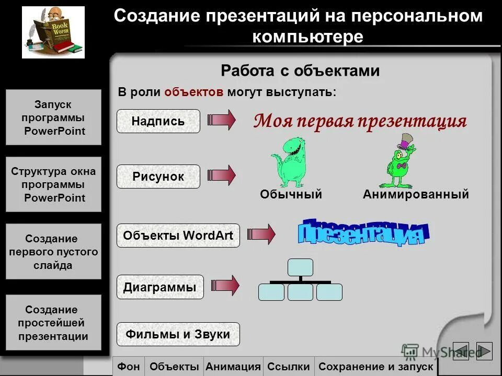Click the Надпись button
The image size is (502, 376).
coord(158,121)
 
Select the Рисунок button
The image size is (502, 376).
coord(158,177)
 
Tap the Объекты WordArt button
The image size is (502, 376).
coord(178,236)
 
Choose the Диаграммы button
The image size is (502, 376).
coord(159,287)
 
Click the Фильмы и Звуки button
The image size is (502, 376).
coord(178,334)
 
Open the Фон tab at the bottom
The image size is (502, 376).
coord(128,367)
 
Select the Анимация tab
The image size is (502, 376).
coord(233,367)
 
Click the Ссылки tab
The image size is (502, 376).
coord(288,367)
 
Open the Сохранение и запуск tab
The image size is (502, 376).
coord(375,367)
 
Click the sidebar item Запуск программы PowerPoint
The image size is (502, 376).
coord(53,118)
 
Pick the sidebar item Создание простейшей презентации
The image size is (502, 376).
coord(53,323)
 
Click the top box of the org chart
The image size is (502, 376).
coord(300,267)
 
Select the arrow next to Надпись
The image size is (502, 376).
coord(222,121)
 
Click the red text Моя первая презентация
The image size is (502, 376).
coord(360,121)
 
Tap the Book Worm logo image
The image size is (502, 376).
coord(53,32)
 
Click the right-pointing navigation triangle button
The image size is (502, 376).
coord(484,351)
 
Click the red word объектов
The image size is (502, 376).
coord(194,92)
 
